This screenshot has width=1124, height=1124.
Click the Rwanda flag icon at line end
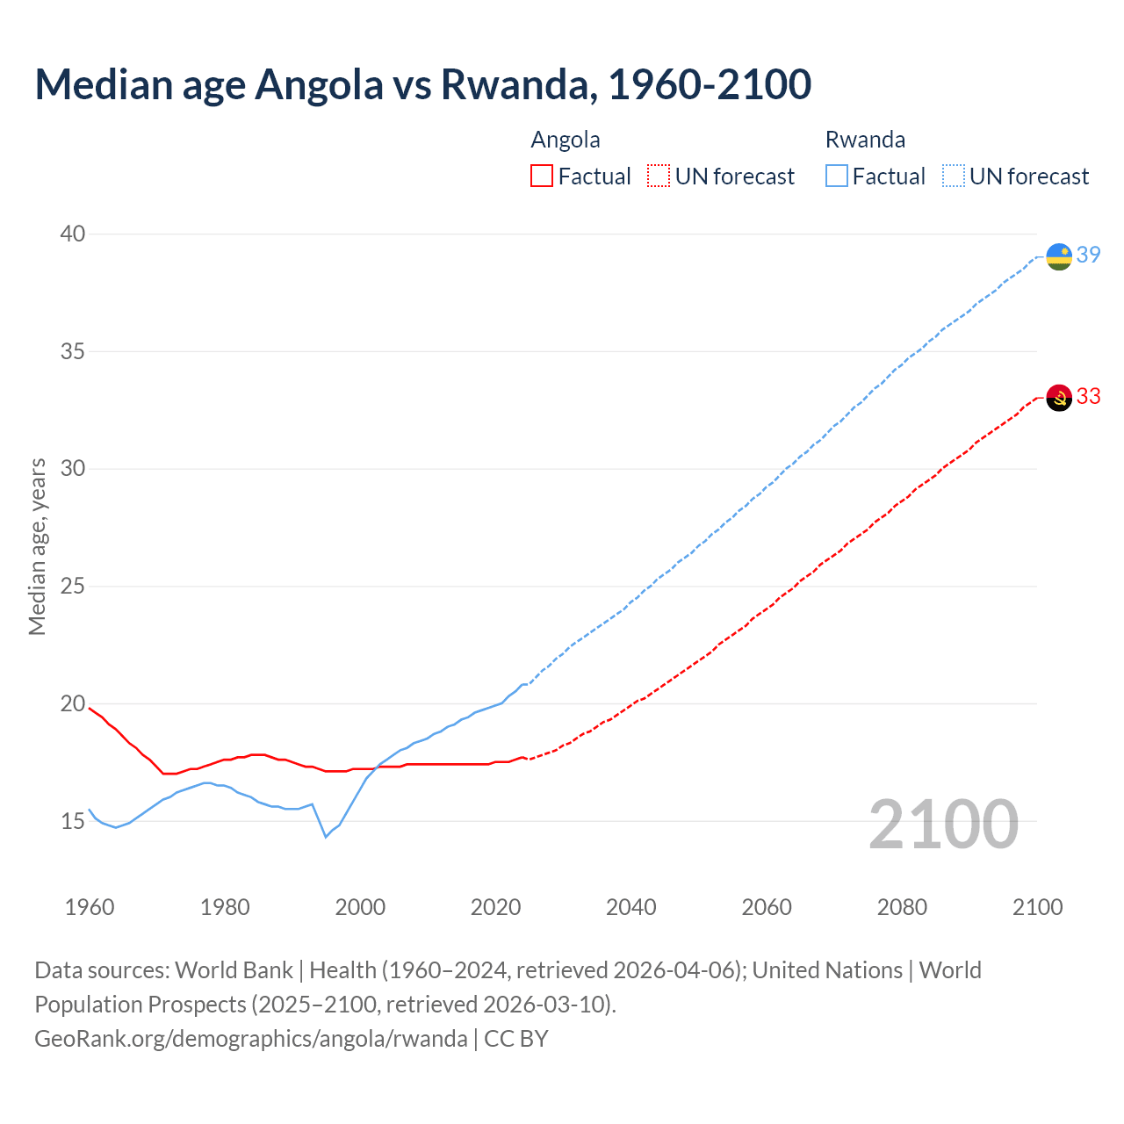click(x=1059, y=256)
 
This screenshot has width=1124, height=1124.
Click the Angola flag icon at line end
click(x=1059, y=398)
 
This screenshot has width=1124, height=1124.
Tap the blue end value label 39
click(x=1089, y=255)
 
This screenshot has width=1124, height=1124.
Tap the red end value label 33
click(x=1089, y=396)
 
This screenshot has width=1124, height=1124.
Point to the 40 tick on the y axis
click(x=73, y=234)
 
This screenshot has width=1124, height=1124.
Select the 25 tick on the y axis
click(x=73, y=586)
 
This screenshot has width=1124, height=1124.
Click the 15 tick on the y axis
click(x=73, y=821)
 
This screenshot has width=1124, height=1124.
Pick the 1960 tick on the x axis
click(x=90, y=907)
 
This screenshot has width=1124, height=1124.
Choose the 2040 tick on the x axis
click(x=630, y=907)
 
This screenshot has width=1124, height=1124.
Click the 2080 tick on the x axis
click(x=902, y=907)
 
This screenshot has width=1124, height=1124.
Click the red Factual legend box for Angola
click(x=542, y=177)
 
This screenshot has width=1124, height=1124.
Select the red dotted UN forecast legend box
click(x=659, y=177)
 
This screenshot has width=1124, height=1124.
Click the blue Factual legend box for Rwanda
click(x=837, y=177)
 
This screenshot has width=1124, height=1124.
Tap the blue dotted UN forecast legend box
click(x=954, y=177)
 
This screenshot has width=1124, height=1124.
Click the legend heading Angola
click(x=566, y=140)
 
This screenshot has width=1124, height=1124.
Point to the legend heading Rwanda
click(x=865, y=140)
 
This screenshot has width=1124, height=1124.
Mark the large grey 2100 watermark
click(x=943, y=825)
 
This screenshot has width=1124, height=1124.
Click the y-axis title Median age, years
click(x=37, y=546)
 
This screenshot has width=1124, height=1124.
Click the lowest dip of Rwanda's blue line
click(x=326, y=837)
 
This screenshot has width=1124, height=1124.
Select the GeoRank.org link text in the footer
click(x=251, y=1039)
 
